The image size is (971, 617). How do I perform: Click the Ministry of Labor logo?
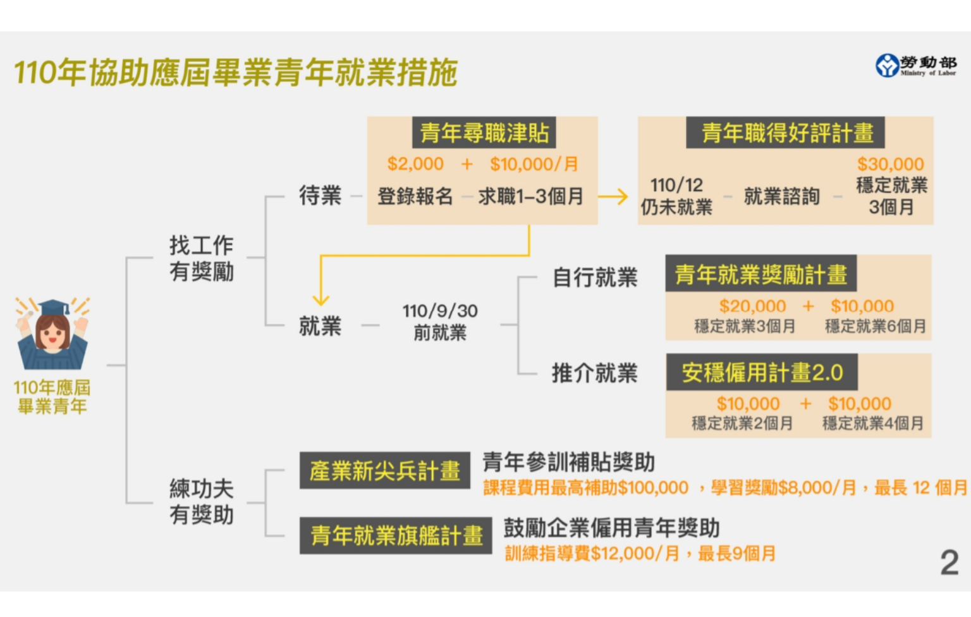click(x=915, y=65)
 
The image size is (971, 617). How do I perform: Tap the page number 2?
click(x=949, y=563)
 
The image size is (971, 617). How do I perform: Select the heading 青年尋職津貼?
click(x=484, y=133)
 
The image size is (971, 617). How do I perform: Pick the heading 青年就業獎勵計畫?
click(x=760, y=274)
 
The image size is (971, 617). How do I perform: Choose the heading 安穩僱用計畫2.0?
click(x=762, y=373)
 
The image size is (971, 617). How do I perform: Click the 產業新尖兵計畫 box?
click(x=384, y=471)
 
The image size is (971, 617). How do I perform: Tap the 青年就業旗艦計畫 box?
click(x=396, y=536)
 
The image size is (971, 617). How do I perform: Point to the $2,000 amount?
click(x=415, y=164)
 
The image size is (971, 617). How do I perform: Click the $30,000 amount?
click(x=890, y=164)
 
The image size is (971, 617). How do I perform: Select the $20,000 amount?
click(x=752, y=306)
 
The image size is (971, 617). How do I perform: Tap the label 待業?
click(x=320, y=196)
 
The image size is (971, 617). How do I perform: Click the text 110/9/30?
click(x=440, y=311)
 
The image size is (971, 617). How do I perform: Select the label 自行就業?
click(x=595, y=277)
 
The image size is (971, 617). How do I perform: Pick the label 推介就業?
click(x=595, y=373)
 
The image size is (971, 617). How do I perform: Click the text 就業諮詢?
click(x=781, y=197)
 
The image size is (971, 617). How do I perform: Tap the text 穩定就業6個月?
click(x=876, y=327)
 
